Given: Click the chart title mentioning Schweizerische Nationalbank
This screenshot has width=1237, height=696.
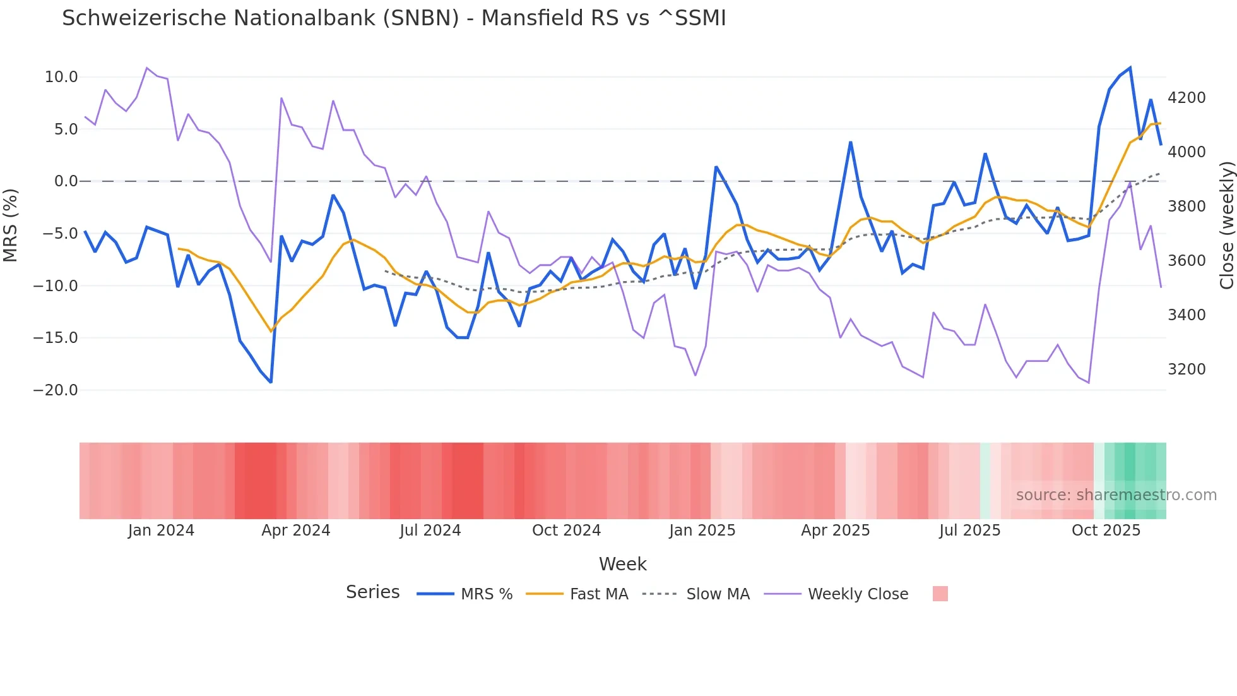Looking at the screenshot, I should pos(394,18).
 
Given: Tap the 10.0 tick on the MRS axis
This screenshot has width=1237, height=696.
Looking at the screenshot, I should pos(61,77).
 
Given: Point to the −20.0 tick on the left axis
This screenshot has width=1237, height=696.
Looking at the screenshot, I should pos(56,390).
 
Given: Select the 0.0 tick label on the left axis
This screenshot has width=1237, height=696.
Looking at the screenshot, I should pos(66,181).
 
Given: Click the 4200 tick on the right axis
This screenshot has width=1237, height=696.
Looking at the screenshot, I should pos(1187,98).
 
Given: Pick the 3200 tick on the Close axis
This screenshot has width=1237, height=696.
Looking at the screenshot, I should pos(1187,369).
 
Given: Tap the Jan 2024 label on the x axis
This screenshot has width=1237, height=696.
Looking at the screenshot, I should pos(161,531).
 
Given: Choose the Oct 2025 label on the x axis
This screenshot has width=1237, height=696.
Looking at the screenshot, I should pos(1106,531).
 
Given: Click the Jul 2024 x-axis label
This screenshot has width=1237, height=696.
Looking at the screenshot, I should pos(430,531).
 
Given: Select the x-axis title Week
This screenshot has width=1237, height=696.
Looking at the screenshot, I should pos(622,564).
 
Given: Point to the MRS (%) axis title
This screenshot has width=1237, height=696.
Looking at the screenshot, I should pos(11,225).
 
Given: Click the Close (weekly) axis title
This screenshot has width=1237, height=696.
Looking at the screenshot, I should pos(1226,225).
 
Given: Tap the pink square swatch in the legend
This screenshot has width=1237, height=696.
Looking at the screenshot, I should pos(940,594).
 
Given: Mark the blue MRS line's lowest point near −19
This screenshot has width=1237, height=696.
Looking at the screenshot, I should pos(271,382).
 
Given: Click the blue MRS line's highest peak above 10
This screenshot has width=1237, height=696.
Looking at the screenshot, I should pos(1130,68).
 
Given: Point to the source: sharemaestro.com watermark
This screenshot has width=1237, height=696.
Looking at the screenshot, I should pos(1116,495).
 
